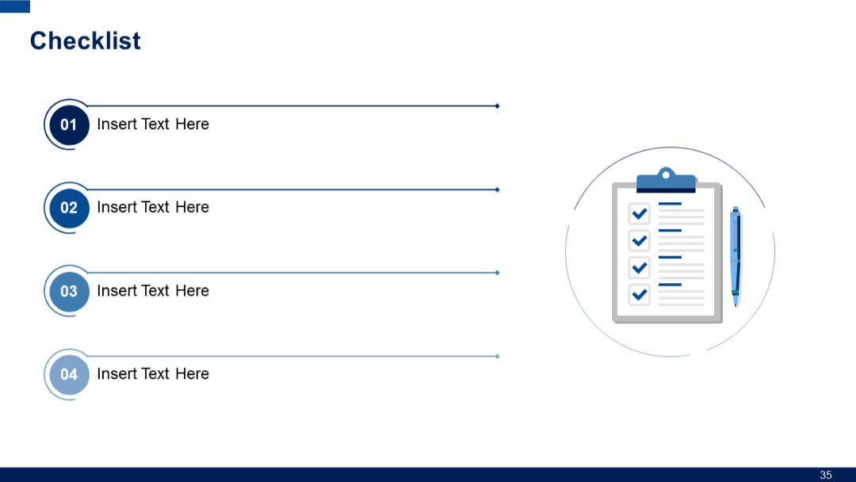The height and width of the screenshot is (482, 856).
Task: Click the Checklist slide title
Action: pyautogui.click(x=85, y=40)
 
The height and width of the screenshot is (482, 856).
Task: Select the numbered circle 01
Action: pyautogui.click(x=69, y=124)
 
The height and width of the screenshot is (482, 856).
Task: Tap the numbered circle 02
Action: pyautogui.click(x=69, y=208)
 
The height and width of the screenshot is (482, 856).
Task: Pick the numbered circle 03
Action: pyautogui.click(x=69, y=291)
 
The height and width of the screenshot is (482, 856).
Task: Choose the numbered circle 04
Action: pyautogui.click(x=69, y=374)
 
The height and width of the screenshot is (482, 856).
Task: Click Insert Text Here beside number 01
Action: pyautogui.click(x=153, y=124)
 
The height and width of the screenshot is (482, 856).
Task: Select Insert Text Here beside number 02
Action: pyautogui.click(x=153, y=208)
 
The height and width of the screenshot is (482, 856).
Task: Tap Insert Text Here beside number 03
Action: pyautogui.click(x=153, y=291)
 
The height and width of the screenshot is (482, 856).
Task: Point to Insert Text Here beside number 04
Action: pyautogui.click(x=153, y=374)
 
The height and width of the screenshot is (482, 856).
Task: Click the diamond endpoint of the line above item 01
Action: pyautogui.click(x=497, y=105)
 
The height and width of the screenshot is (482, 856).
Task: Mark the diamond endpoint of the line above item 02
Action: pyautogui.click(x=497, y=189)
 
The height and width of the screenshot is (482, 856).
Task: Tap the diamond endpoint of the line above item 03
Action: pyautogui.click(x=497, y=273)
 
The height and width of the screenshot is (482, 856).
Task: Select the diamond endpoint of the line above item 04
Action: pyautogui.click(x=497, y=356)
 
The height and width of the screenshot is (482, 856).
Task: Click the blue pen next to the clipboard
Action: pyautogui.click(x=736, y=255)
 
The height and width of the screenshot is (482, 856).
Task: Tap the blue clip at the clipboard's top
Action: pyautogui.click(x=666, y=181)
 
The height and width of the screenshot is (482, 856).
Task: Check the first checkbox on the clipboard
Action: pyautogui.click(x=639, y=213)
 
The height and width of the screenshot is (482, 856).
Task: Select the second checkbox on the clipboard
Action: pyautogui.click(x=639, y=240)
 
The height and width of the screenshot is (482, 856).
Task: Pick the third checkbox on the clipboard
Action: pyautogui.click(x=639, y=268)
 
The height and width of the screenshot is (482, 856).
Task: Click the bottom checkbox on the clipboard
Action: pyautogui.click(x=639, y=295)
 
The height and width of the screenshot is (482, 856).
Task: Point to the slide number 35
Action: pyautogui.click(x=826, y=475)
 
